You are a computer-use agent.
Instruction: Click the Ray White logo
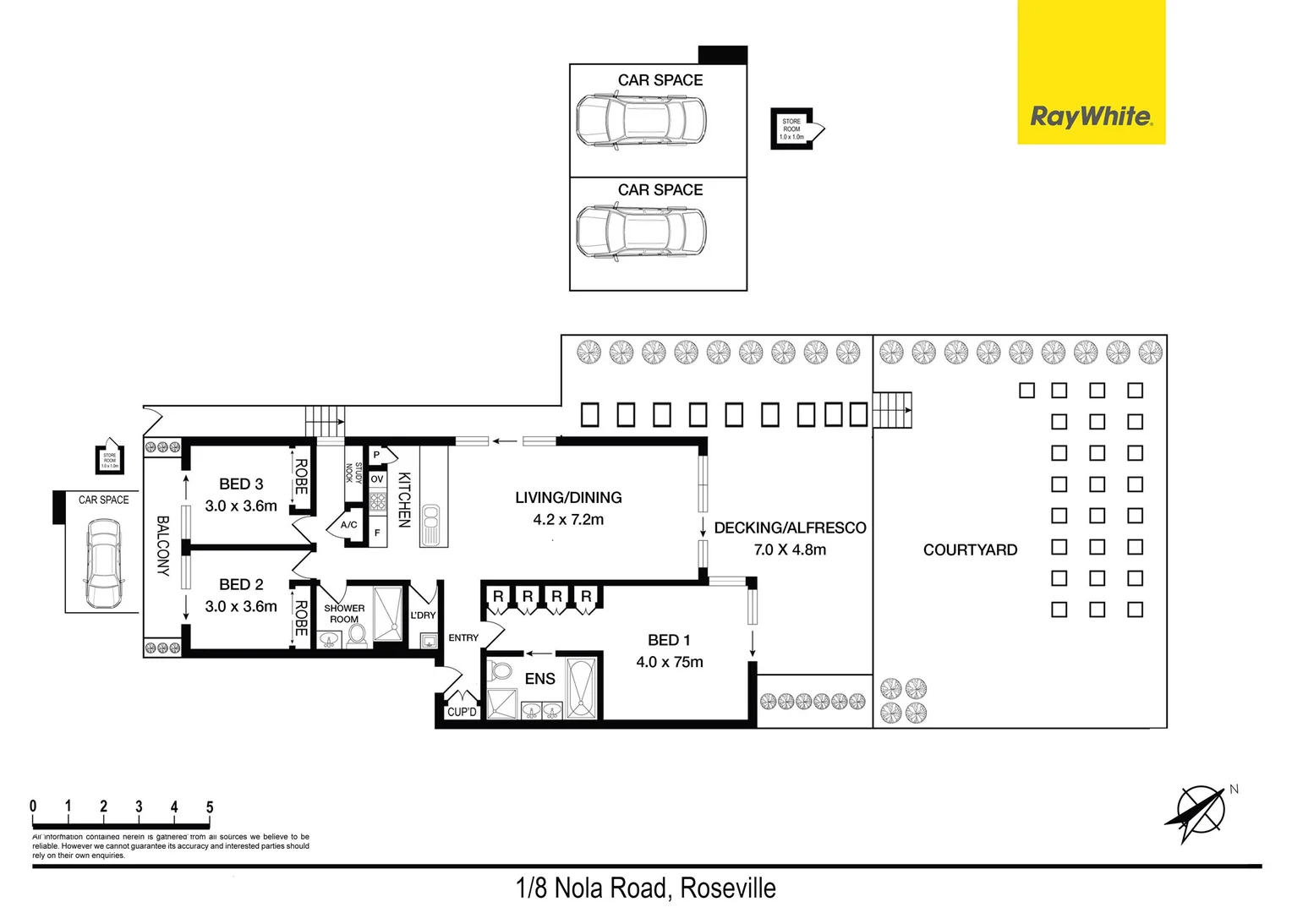click(1091, 116)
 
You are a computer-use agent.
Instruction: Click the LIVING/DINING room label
click(568, 498)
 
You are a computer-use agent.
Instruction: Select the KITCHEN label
click(404, 500)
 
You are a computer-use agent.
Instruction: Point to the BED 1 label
click(669, 640)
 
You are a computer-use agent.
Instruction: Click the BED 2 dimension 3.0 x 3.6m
click(241, 606)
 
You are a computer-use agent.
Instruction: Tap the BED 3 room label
click(241, 484)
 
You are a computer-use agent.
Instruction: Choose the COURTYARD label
click(970, 549)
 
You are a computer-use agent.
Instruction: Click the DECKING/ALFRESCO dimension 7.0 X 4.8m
click(790, 549)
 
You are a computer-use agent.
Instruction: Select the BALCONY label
click(163, 545)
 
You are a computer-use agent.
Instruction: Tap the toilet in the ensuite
click(501, 671)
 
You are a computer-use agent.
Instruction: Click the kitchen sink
click(430, 524)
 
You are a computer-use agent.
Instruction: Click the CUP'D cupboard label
click(462, 712)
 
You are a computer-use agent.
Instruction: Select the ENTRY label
click(463, 637)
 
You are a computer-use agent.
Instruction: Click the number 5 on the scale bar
click(210, 806)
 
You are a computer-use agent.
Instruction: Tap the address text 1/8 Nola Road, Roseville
click(645, 888)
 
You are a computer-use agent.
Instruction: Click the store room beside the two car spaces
click(792, 128)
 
